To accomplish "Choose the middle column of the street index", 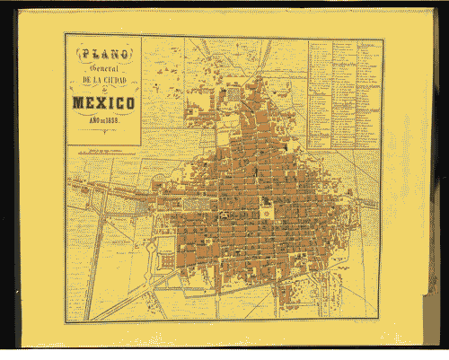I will [345, 94].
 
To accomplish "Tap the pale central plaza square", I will [267, 212].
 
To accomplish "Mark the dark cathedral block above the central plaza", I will [267, 199].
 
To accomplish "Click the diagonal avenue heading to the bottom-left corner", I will [126, 296].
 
